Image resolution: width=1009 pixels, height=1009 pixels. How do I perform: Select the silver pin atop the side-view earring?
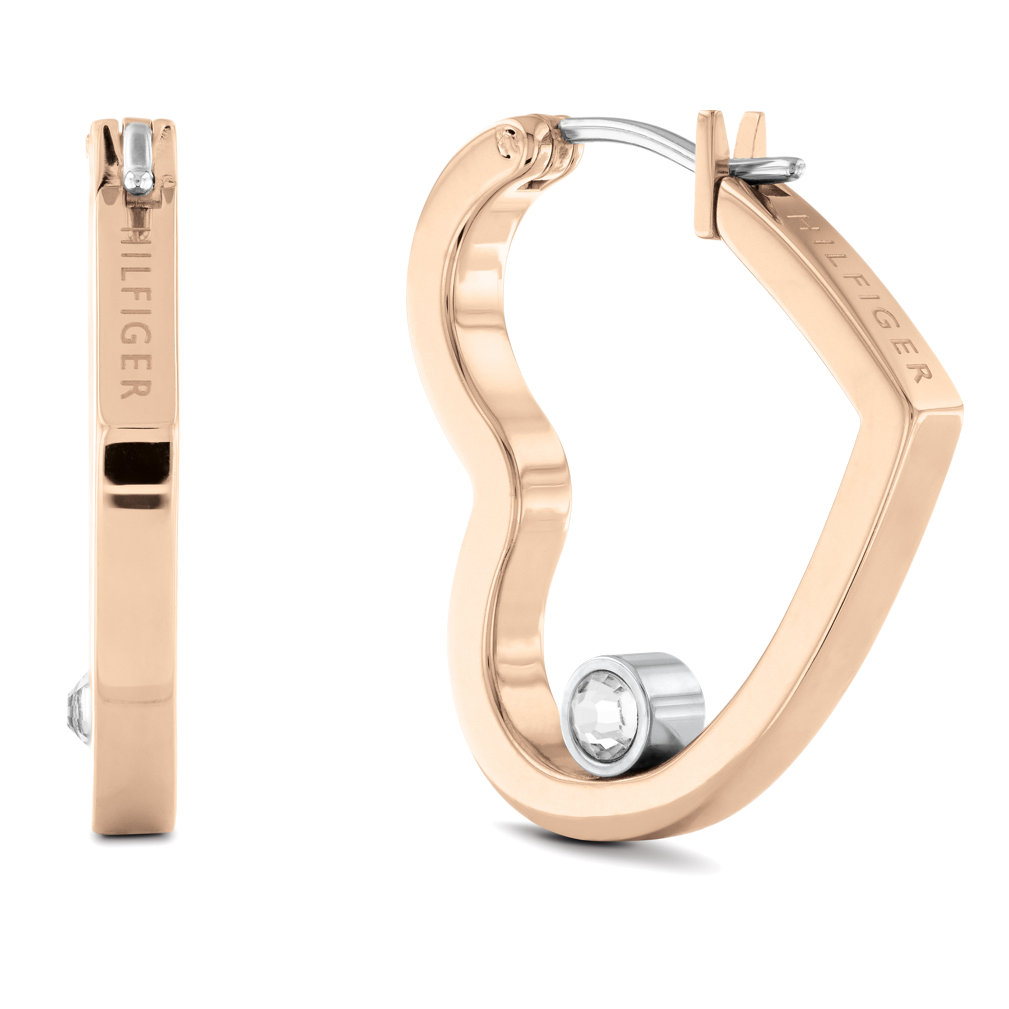[x=138, y=149]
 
